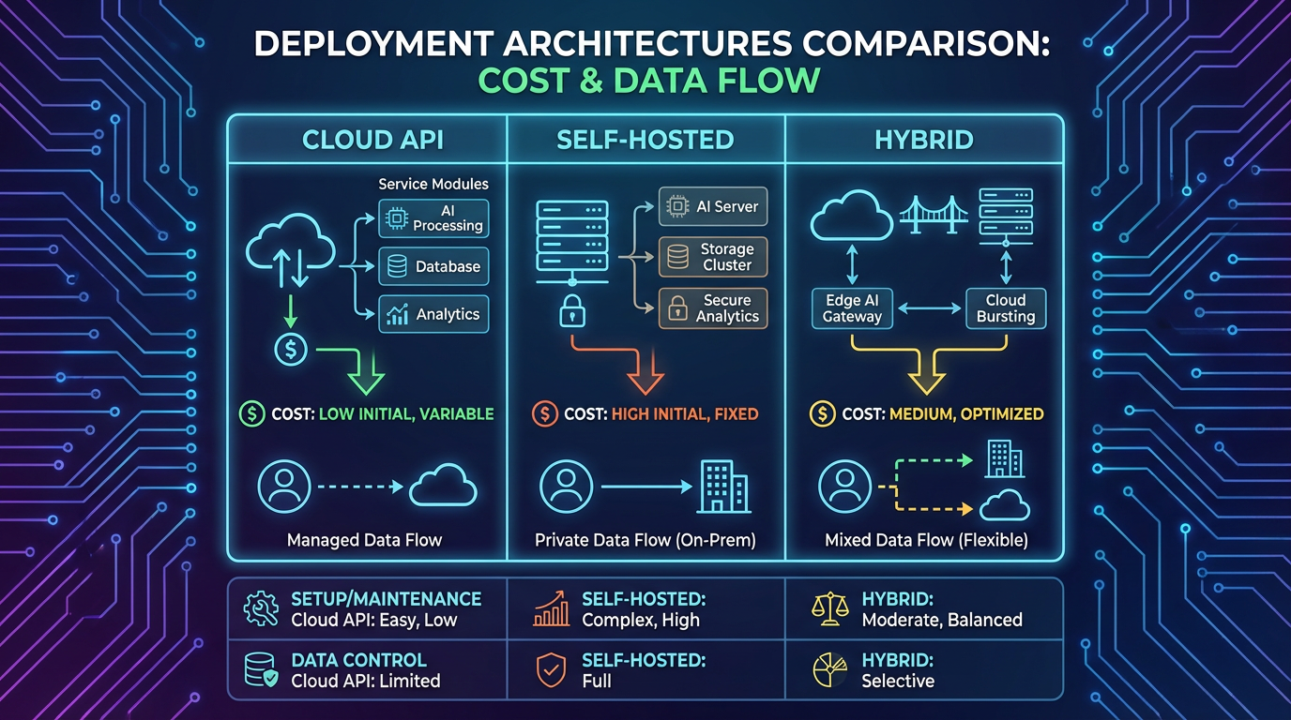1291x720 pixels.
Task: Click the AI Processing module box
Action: (x=433, y=218)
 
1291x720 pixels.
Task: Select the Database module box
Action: (x=433, y=266)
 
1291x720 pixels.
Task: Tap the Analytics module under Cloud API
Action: (x=433, y=314)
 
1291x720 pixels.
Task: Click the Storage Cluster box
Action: (x=713, y=257)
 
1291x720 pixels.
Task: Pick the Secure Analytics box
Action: (x=713, y=308)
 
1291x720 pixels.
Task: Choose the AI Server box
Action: (x=713, y=206)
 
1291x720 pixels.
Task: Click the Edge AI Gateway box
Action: (x=852, y=308)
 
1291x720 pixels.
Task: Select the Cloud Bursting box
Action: (x=1006, y=308)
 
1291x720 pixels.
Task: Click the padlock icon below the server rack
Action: (x=572, y=311)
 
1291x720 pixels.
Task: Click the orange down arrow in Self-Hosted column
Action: (x=644, y=375)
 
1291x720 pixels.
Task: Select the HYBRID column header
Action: (x=924, y=141)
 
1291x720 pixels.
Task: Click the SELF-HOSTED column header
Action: (x=645, y=141)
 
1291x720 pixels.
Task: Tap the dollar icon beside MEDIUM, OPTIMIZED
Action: (x=823, y=413)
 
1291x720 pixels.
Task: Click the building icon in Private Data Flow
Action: (x=724, y=487)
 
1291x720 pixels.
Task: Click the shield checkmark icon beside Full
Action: (x=551, y=670)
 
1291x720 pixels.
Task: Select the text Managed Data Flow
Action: (x=364, y=540)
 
